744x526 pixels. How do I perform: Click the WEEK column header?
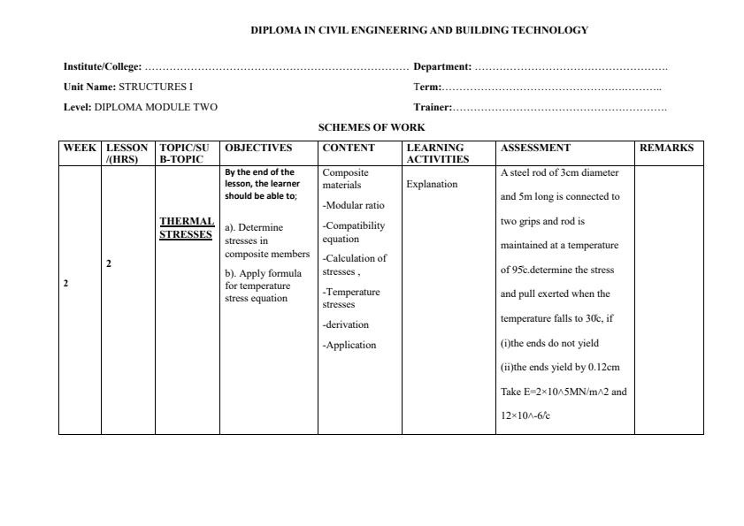pyautogui.click(x=80, y=148)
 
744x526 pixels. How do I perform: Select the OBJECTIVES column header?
pyautogui.click(x=258, y=148)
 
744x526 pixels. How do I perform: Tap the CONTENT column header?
pyautogui.click(x=349, y=148)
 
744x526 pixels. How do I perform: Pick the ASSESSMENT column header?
pyautogui.click(x=535, y=148)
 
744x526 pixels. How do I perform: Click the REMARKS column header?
pyautogui.click(x=666, y=148)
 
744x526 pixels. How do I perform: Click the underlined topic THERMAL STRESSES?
pyautogui.click(x=187, y=228)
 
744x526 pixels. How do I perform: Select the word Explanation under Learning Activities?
pyautogui.click(x=432, y=185)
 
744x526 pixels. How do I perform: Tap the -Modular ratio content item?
pyautogui.click(x=353, y=205)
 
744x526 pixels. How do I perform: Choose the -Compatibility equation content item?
pyautogui.click(x=353, y=232)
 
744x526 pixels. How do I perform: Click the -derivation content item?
pyautogui.click(x=346, y=324)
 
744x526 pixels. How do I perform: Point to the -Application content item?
pyautogui.click(x=349, y=345)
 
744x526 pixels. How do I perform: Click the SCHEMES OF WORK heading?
pyautogui.click(x=372, y=127)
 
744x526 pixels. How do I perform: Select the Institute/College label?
pyautogui.click(x=103, y=66)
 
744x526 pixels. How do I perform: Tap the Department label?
pyautogui.click(x=442, y=66)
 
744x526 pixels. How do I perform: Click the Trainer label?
pyautogui.click(x=433, y=107)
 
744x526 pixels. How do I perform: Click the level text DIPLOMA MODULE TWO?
pyautogui.click(x=156, y=107)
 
